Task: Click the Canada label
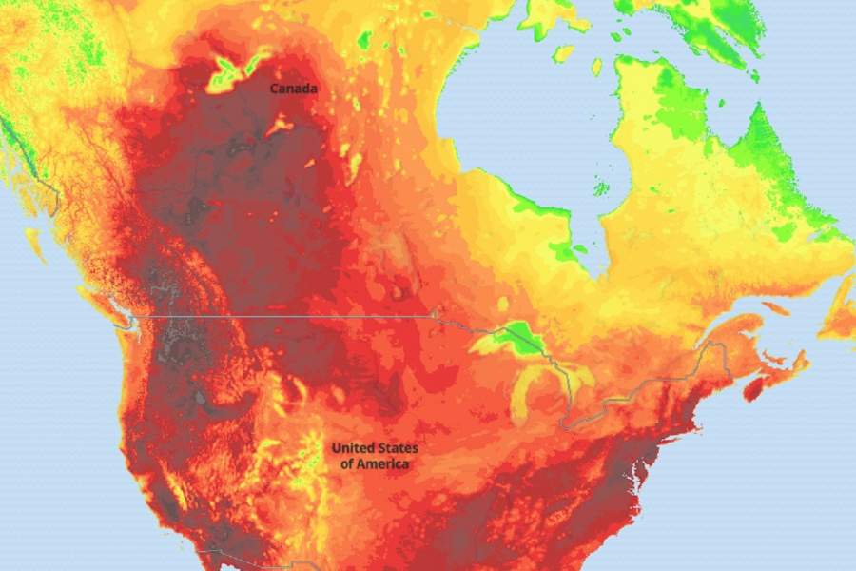coord(294,89)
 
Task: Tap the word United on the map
coord(353,448)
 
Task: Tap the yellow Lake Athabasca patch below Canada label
coord(282,124)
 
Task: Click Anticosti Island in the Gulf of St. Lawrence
coord(776,308)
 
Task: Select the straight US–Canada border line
coord(285,316)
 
